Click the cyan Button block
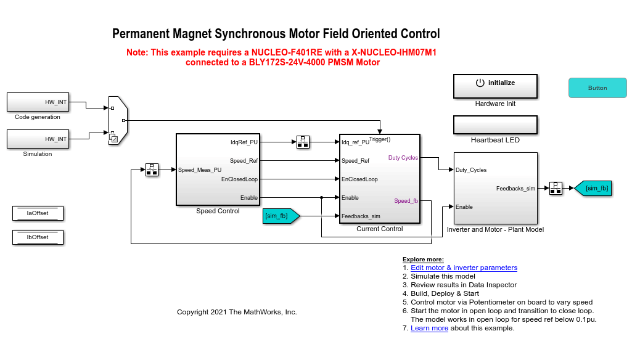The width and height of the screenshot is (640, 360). click(x=597, y=88)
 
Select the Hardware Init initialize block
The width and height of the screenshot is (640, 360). click(x=495, y=86)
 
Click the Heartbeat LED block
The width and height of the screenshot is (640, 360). click(x=495, y=125)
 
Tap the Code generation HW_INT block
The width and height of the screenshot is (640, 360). click(x=38, y=102)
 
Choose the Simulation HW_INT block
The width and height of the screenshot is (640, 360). click(x=38, y=139)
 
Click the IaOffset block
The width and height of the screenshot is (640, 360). click(x=38, y=213)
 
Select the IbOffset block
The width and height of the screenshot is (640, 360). click(x=38, y=237)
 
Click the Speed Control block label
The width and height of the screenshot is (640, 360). click(x=217, y=211)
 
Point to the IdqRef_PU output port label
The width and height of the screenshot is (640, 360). click(x=244, y=142)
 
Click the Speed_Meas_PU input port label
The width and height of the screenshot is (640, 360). click(x=200, y=170)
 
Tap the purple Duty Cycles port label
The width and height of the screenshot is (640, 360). click(x=403, y=158)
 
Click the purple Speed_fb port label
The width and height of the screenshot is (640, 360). click(x=406, y=201)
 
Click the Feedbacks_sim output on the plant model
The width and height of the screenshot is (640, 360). click(x=515, y=189)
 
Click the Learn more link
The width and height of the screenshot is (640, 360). click(x=429, y=328)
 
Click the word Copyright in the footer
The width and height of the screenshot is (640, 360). click(x=193, y=312)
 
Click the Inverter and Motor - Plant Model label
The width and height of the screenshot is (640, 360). click(x=495, y=229)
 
